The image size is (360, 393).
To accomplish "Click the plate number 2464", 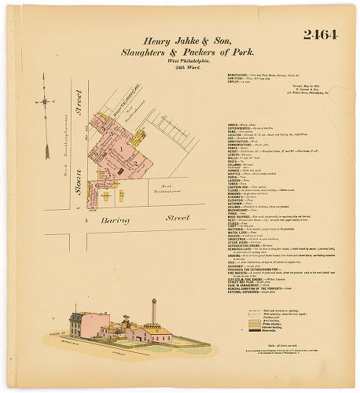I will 318,35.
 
